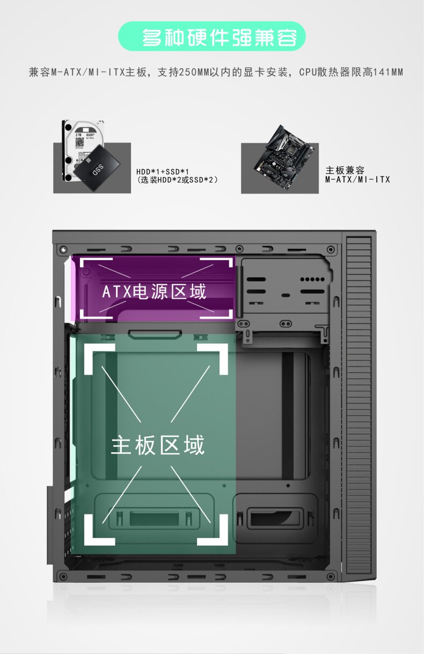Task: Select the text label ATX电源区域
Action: pos(154,291)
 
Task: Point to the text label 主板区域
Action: pos(158,445)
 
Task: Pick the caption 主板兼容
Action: pos(345,170)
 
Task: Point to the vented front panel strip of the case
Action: pos(359,408)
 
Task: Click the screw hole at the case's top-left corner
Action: pos(63,249)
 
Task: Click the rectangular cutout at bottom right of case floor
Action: pos(272,518)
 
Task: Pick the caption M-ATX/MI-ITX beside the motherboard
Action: pos(357,179)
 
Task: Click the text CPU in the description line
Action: pos(307,72)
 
